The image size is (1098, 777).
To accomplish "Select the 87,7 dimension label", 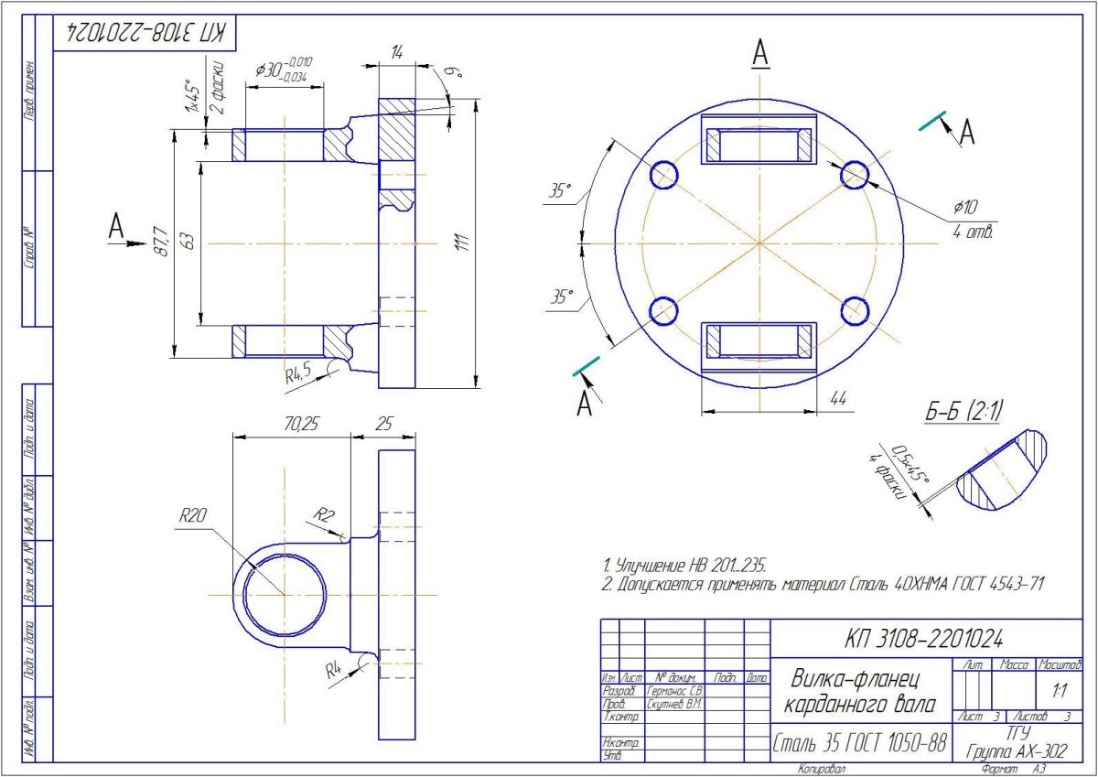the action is pyautogui.click(x=163, y=242).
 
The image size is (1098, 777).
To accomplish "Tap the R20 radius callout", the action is pyautogui.click(x=194, y=516).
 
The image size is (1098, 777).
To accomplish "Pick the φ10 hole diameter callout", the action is pyautogui.click(x=966, y=204).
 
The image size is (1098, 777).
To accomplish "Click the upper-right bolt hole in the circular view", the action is pyautogui.click(x=855, y=173).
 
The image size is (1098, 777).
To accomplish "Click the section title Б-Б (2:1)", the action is pyautogui.click(x=963, y=413).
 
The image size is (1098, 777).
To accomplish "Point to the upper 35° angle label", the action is pyautogui.click(x=559, y=191).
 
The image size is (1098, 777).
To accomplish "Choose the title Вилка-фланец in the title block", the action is pyautogui.click(x=855, y=678).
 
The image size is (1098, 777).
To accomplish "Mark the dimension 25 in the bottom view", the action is pyautogui.click(x=382, y=426).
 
